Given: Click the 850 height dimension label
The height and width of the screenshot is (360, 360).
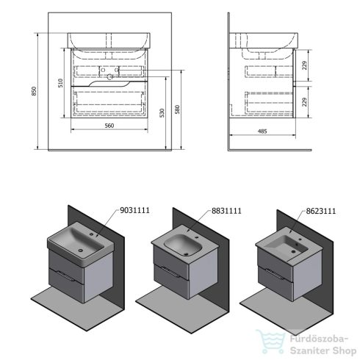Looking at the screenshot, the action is (x=35, y=91).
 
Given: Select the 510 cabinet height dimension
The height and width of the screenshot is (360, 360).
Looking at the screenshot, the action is (x=60, y=83).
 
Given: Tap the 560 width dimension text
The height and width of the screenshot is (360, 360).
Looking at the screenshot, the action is (x=109, y=126).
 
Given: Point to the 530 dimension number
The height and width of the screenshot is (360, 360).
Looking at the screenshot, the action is (x=162, y=113).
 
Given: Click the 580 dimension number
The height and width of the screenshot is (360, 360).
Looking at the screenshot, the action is (x=177, y=109).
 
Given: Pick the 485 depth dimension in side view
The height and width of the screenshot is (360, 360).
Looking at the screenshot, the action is (x=262, y=132).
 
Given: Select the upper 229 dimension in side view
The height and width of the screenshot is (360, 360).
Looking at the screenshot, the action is (x=304, y=65).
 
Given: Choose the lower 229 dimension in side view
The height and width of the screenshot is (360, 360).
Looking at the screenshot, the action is (x=304, y=102).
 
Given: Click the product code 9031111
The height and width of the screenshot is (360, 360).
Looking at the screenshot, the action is (x=134, y=210).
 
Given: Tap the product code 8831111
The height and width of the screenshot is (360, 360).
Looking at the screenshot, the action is (x=226, y=211).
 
